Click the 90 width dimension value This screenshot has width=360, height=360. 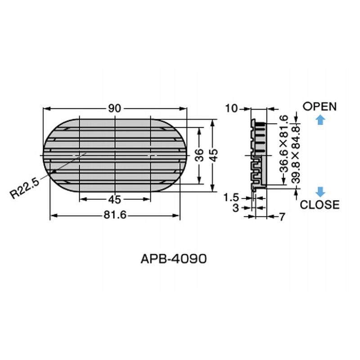point(114,108)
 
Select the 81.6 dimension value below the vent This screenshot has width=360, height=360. point(114,216)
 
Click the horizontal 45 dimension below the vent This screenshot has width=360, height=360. point(114,200)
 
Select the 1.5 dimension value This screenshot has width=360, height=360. point(232,197)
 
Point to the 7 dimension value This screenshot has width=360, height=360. point(282,217)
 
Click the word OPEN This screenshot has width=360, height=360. point(319,107)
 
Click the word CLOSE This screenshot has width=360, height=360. point(319,205)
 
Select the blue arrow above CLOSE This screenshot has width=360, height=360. point(320,191)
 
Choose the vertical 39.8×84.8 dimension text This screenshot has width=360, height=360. point(296,154)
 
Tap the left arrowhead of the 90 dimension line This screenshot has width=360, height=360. point(45,108)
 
